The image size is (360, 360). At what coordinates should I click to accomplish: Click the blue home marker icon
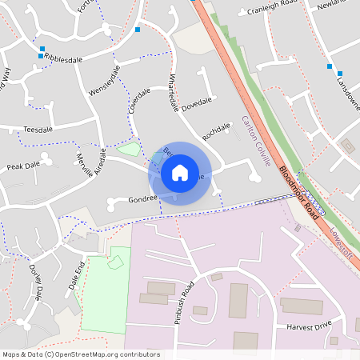click(x=180, y=173)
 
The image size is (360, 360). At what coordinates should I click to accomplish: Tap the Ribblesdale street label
click(x=64, y=60)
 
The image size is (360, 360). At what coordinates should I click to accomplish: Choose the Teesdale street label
click(x=38, y=128)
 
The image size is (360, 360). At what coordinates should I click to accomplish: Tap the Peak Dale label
click(x=23, y=166)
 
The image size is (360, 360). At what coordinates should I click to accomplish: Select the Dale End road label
click(x=75, y=274)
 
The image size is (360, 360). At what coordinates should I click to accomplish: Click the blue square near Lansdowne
click(x=329, y=66)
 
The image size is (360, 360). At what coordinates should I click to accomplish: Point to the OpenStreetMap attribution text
click(x=81, y=354)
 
